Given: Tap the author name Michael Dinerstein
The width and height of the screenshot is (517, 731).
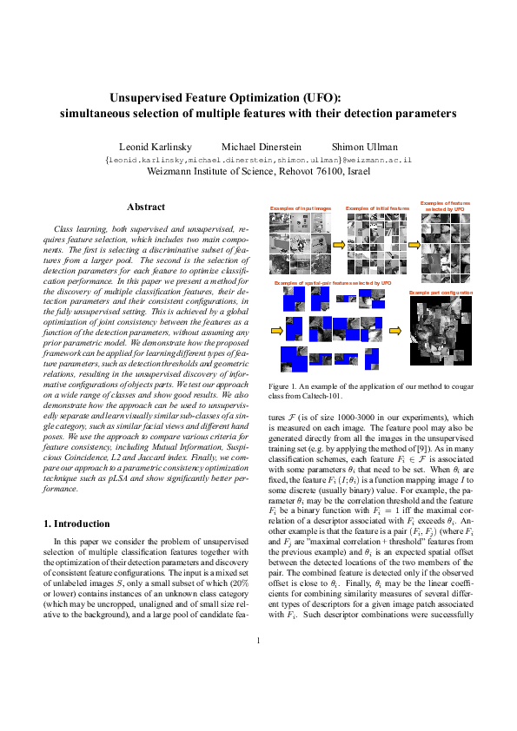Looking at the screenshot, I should [257, 147].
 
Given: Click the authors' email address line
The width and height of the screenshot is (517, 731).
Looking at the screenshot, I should [257, 161].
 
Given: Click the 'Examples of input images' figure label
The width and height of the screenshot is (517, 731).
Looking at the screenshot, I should [301, 209].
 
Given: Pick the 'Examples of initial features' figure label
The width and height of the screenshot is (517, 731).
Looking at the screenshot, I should [377, 209].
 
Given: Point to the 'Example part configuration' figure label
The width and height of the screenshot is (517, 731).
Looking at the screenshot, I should [441, 293].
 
